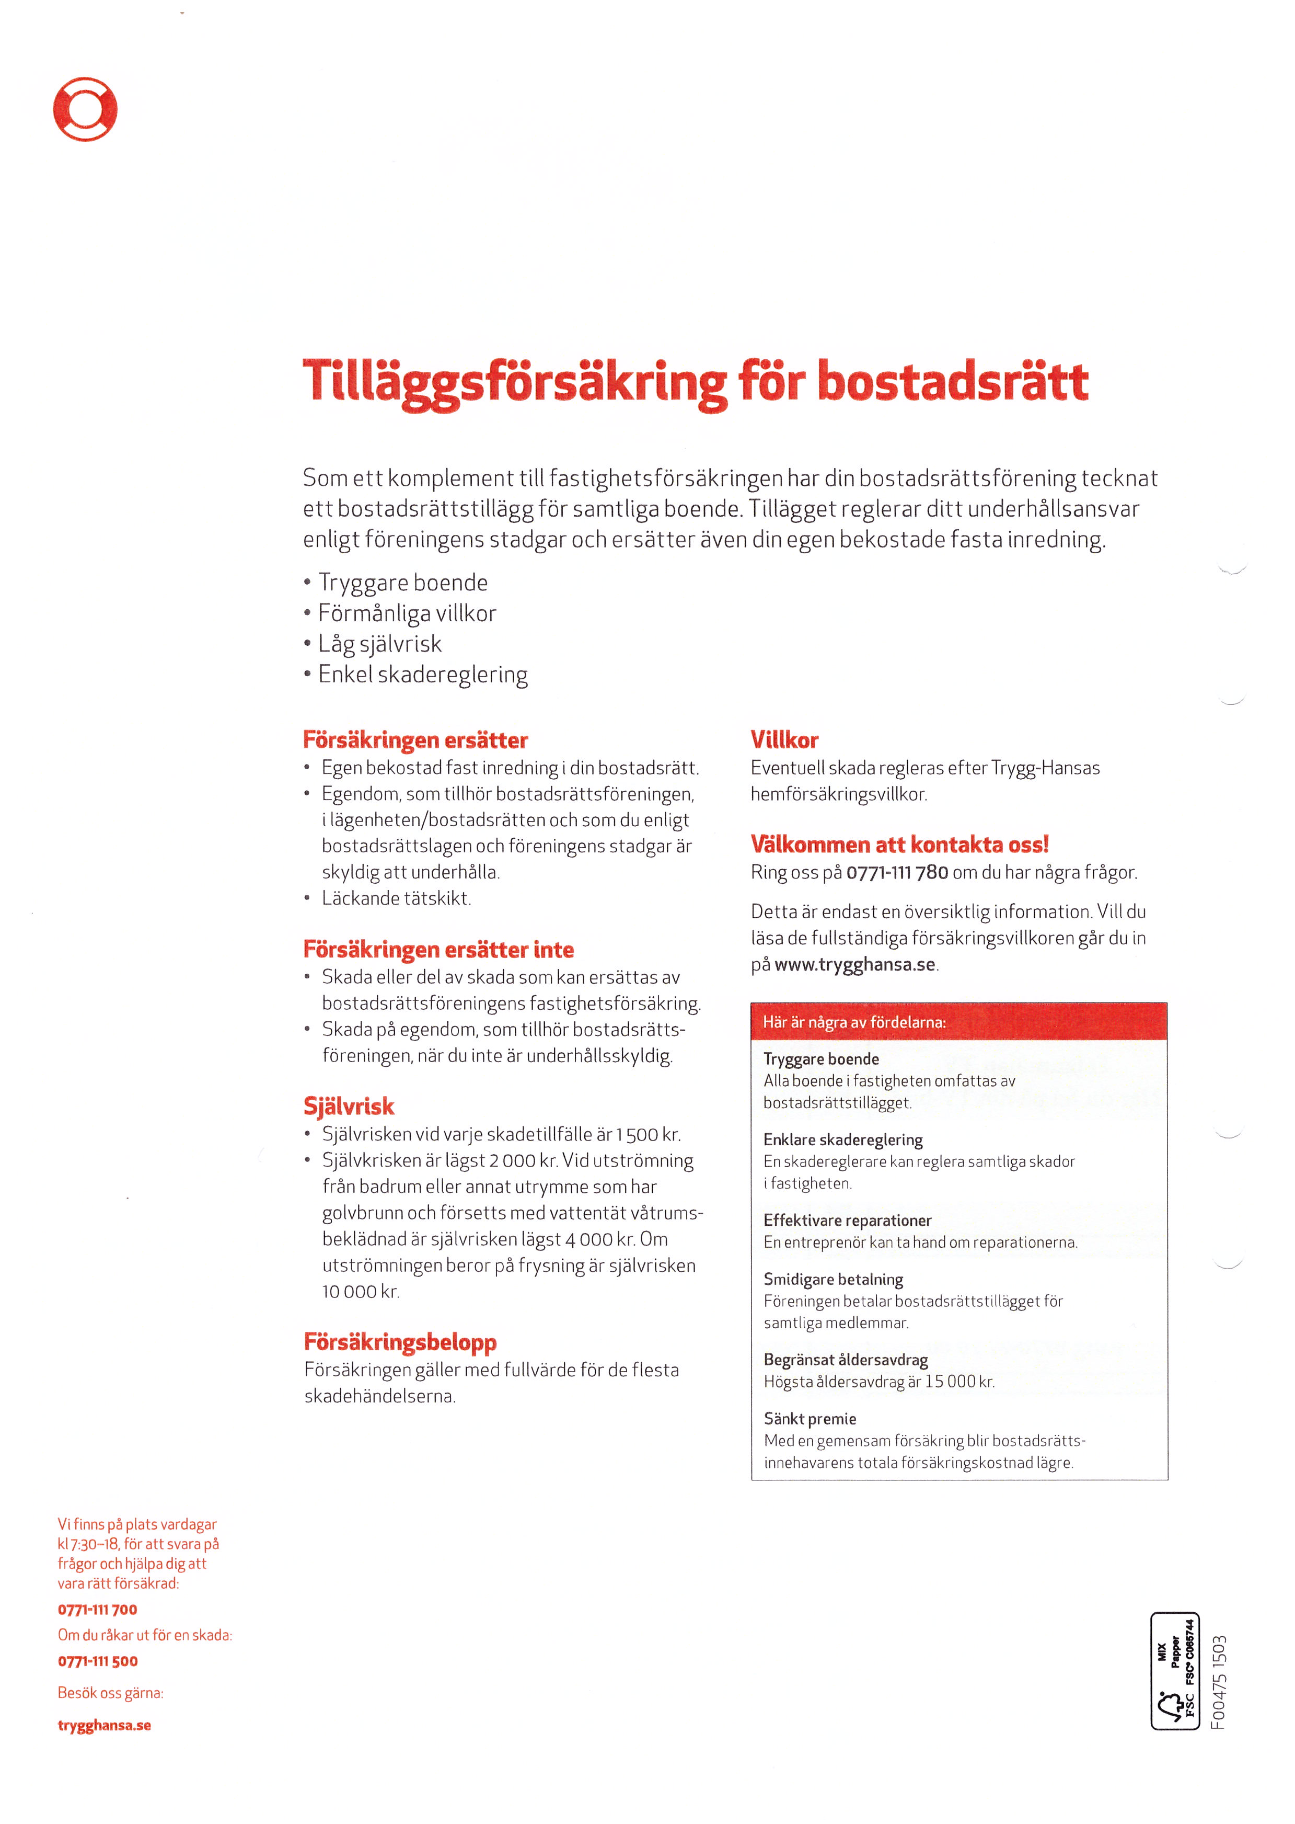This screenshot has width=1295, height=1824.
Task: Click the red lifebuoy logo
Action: tap(85, 109)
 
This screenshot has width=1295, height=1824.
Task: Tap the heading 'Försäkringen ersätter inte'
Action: tap(438, 950)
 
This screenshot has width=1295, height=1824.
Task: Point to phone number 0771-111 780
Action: tap(897, 872)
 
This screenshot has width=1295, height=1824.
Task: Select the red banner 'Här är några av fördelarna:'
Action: tap(958, 1022)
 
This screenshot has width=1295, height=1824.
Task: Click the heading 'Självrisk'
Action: tap(349, 1106)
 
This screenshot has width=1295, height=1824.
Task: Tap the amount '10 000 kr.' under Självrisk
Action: tap(361, 1291)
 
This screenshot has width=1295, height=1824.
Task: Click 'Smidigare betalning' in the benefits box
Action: tap(834, 1279)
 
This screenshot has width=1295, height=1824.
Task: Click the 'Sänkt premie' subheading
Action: tap(810, 1419)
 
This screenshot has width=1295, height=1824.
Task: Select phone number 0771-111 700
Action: tap(97, 1610)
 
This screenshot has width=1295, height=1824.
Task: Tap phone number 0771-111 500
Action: tap(97, 1661)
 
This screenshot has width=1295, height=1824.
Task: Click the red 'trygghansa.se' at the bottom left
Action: tap(105, 1725)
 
